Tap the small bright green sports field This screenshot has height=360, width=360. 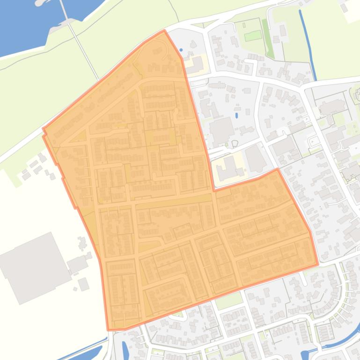[x=253, y=36]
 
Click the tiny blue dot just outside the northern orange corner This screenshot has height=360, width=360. [x=181, y=50]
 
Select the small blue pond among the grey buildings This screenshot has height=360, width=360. [x=236, y=115]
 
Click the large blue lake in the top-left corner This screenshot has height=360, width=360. [x=23, y=23]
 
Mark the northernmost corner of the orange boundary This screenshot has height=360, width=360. [x=164, y=31]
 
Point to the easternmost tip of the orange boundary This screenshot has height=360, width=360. [x=318, y=264]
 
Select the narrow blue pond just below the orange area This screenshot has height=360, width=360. [x=125, y=348]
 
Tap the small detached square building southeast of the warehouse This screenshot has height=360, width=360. [x=83, y=284]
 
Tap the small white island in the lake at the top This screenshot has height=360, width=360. [x=41, y=3]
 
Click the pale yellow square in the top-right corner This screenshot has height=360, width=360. [x=352, y=12]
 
